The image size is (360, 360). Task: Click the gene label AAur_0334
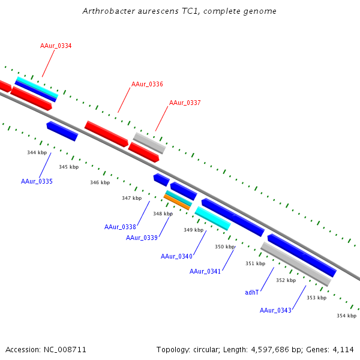(x=56, y=46)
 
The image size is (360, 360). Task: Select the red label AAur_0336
(x=147, y=84)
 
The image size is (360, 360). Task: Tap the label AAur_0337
(x=185, y=103)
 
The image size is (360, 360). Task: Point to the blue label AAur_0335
(x=37, y=181)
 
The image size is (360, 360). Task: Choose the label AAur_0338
(x=120, y=227)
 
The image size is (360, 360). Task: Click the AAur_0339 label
(x=142, y=238)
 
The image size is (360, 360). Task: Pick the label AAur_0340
(x=176, y=256)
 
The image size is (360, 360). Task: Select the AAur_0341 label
(x=205, y=271)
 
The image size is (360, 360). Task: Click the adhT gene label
(x=252, y=292)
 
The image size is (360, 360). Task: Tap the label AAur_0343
(x=275, y=310)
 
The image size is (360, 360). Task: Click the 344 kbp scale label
(x=37, y=152)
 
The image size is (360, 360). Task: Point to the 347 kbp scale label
(x=131, y=198)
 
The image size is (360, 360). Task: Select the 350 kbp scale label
(x=224, y=247)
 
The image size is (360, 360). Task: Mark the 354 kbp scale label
(x=346, y=316)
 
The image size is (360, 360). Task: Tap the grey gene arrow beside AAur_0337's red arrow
(x=149, y=143)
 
